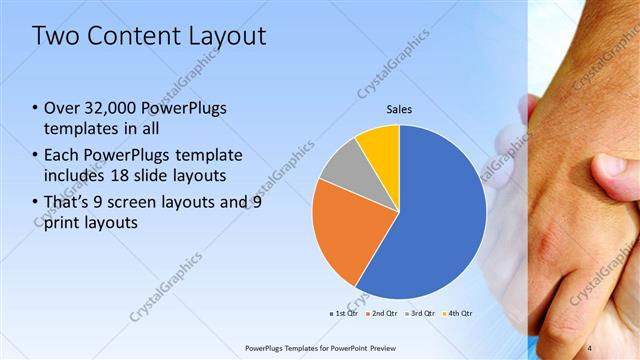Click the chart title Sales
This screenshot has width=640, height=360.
tap(399, 109)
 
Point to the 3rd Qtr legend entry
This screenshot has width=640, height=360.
tap(420, 313)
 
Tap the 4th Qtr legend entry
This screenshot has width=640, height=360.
tap(460, 313)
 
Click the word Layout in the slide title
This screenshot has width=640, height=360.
tap(228, 37)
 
